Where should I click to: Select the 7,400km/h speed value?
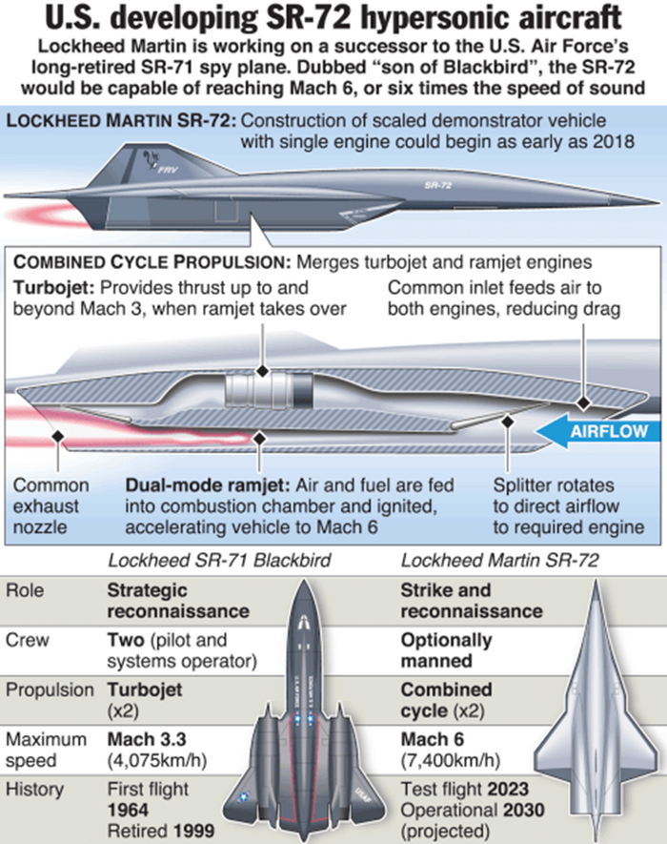[x=449, y=760]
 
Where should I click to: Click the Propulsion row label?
[x=50, y=690]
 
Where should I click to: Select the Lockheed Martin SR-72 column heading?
[x=499, y=560]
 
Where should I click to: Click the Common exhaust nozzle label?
[x=51, y=506]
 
